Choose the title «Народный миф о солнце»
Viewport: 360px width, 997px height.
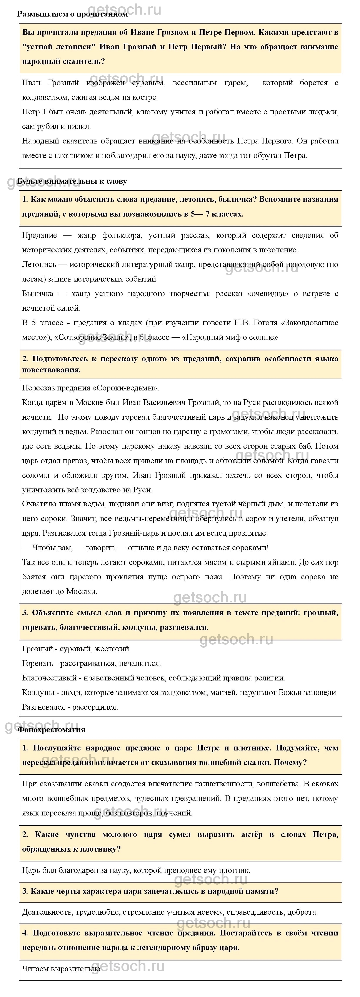pyautogui.click(x=230, y=337)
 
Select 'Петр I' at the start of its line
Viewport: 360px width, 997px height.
pyautogui.click(x=34, y=112)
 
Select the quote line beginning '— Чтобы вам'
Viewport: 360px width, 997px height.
pyautogui.click(x=145, y=548)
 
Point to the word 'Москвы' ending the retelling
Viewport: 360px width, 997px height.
pyautogui.click(x=81, y=591)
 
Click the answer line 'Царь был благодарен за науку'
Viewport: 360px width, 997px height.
pyautogui.click(x=136, y=870)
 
